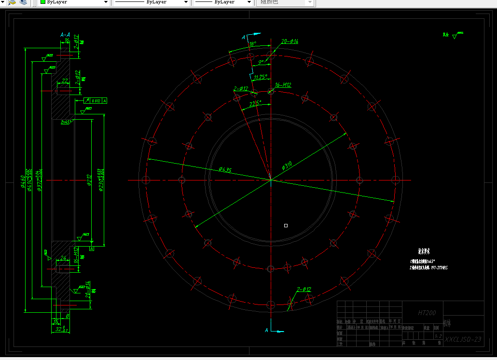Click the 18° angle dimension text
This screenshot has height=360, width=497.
(252, 44)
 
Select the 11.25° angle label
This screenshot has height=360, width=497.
(261, 77)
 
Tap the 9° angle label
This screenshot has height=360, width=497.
(261, 62)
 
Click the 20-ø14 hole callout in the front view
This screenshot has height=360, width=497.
(290, 42)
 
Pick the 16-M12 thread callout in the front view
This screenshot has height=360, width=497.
(283, 85)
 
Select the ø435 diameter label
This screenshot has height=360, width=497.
(225, 169)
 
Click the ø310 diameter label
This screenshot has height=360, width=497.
(287, 166)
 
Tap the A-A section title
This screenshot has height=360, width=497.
(65, 35)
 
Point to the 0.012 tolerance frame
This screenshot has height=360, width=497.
(96, 100)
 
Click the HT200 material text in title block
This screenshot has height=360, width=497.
(427, 313)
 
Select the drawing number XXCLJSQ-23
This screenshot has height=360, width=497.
(463, 339)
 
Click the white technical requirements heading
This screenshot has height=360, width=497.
(424, 251)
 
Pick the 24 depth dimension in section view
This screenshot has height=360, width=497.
(63, 258)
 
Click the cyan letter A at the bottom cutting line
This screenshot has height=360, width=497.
(266, 330)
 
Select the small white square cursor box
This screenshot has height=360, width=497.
(286, 225)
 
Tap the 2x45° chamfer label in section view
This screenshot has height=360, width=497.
(66, 122)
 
